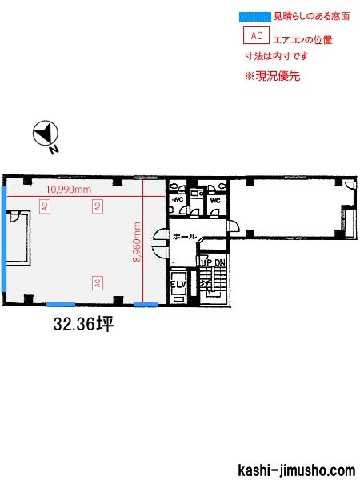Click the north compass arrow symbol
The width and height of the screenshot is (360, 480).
(46, 133)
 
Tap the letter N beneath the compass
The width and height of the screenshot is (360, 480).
(54, 150)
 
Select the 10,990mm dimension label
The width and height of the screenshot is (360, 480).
(69, 190)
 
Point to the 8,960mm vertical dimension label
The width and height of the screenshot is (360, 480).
(137, 242)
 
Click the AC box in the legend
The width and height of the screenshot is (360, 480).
(256, 35)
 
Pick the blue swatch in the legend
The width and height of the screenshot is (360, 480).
(255, 17)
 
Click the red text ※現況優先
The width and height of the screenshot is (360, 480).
(272, 76)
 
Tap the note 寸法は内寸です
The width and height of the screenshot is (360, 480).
(277, 56)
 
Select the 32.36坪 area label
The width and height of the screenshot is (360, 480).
(83, 324)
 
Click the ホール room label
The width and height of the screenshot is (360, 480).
(184, 236)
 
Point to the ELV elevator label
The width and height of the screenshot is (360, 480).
(178, 284)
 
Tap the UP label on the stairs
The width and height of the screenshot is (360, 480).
(206, 263)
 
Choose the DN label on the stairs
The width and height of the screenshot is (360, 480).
(220, 263)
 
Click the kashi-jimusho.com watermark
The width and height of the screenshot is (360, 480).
(296, 470)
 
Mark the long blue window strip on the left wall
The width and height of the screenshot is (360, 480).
(4, 239)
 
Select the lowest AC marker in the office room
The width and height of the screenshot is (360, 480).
(98, 283)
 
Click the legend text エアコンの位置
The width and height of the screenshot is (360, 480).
(302, 40)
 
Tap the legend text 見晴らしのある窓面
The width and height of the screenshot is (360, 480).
(311, 16)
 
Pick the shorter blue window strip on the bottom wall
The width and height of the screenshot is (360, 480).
(146, 305)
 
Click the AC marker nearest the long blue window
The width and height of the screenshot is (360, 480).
(45, 206)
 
